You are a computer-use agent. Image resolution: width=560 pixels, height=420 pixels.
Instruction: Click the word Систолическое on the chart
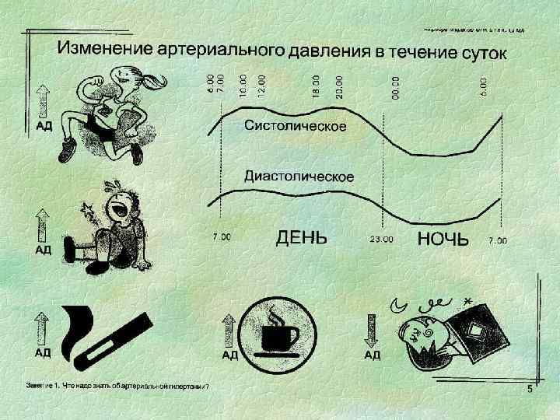point(296,126)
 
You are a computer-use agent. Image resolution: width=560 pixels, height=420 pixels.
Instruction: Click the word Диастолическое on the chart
point(299,177)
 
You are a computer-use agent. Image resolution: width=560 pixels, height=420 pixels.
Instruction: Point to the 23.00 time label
point(380,240)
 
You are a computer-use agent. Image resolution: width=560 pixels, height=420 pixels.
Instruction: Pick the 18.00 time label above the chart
point(316,85)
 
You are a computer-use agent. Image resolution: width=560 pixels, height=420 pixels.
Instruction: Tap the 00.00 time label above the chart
point(395,86)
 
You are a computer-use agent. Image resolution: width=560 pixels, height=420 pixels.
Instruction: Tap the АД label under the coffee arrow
point(231,355)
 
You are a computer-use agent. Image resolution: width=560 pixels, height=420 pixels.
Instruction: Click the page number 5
point(529,390)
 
